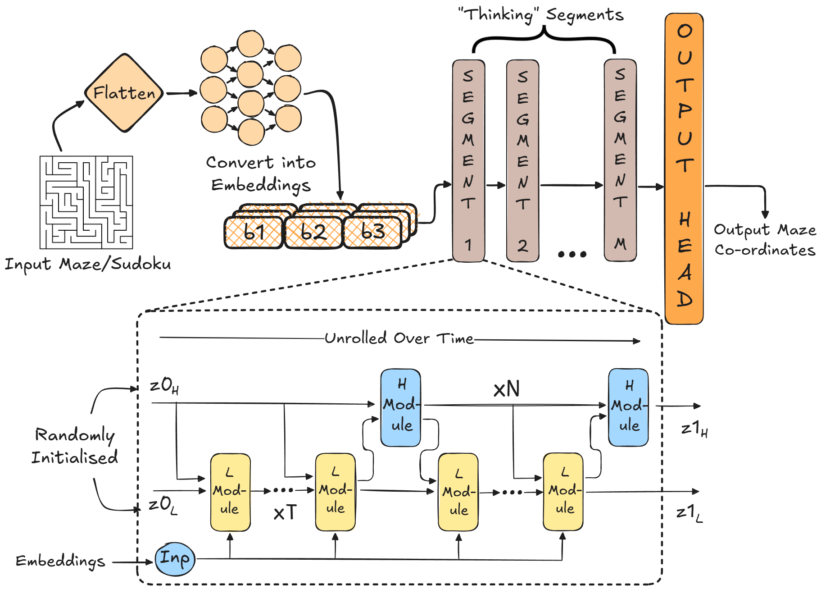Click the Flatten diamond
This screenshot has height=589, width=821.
tap(124, 93)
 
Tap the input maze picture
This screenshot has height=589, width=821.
tap(86, 202)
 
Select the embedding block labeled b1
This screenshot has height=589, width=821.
tap(254, 232)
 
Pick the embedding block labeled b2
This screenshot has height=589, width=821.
tap(313, 232)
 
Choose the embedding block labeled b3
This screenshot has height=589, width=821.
tap(372, 232)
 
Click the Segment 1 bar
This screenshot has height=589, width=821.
tap(468, 160)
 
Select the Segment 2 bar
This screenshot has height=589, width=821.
tap(522, 160)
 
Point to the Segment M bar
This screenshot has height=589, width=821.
tap(620, 160)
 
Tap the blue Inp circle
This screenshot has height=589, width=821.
tap(175, 559)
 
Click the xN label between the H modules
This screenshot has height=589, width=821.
tap(507, 388)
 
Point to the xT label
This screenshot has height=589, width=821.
tap(285, 512)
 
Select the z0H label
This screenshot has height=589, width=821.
tap(164, 386)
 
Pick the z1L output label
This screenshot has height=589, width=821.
tap(689, 513)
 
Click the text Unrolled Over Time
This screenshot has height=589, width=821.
tap(399, 338)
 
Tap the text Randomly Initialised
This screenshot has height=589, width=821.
tap(75, 446)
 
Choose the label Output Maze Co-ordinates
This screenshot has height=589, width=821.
tap(765, 240)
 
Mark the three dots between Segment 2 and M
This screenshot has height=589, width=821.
tap(572, 255)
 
